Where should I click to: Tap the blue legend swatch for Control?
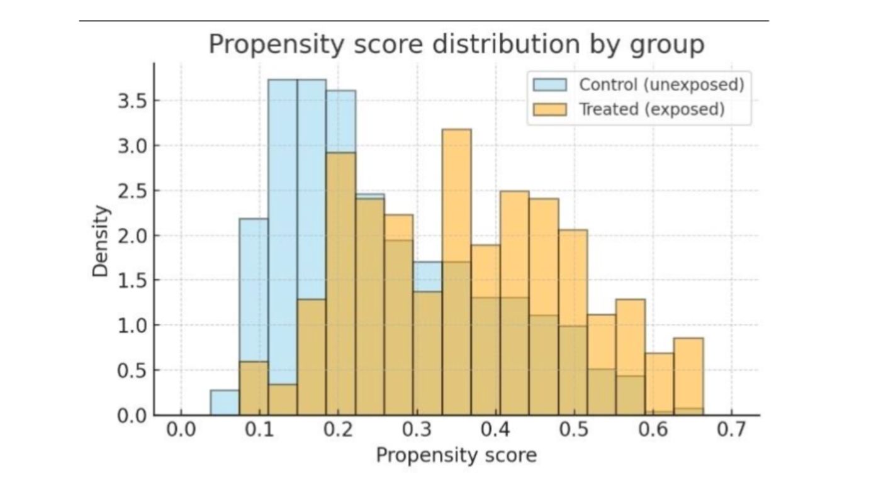pyautogui.click(x=549, y=85)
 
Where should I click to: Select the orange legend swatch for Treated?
pyautogui.click(x=549, y=109)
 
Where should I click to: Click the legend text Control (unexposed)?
pyautogui.click(x=661, y=85)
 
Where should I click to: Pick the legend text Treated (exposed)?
pyautogui.click(x=651, y=109)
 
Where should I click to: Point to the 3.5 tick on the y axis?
pyautogui.click(x=132, y=101)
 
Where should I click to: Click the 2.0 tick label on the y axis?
pyautogui.click(x=132, y=236)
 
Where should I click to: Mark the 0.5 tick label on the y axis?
pyautogui.click(x=132, y=371)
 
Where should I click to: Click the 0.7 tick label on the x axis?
pyautogui.click(x=731, y=432)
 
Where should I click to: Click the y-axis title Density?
pyautogui.click(x=101, y=241)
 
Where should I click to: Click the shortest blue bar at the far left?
pyautogui.click(x=225, y=403)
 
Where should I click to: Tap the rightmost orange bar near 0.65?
pyautogui.click(x=688, y=377)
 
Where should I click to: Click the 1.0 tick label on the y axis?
pyautogui.click(x=132, y=326)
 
